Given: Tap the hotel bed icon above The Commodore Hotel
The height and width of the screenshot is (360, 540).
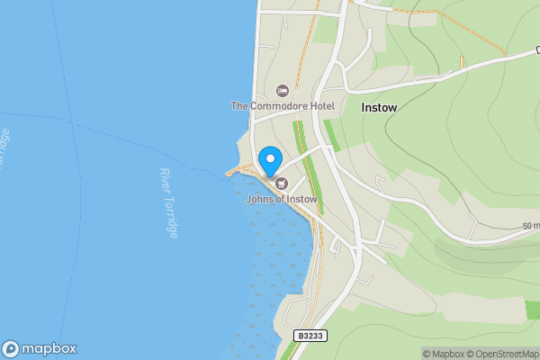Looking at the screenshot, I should click(x=283, y=90).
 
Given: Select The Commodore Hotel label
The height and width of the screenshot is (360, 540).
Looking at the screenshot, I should click(x=283, y=106).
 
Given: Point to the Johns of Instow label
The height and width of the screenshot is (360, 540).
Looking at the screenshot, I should click(x=281, y=198).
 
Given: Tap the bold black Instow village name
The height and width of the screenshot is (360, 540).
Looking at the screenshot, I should click(x=379, y=106).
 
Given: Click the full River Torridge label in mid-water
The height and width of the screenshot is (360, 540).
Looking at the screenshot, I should click(x=168, y=202).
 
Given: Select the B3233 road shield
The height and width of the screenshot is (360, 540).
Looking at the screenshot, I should click(x=310, y=336).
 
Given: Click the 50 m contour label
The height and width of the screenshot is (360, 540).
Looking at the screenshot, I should click(x=530, y=226).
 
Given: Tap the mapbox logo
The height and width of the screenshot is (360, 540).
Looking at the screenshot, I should click(x=40, y=348).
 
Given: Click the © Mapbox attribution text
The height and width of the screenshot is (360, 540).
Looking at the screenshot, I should click(x=445, y=354).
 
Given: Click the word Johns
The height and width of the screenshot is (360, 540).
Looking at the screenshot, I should click(x=260, y=198).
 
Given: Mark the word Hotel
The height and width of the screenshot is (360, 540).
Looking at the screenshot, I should click(x=321, y=106).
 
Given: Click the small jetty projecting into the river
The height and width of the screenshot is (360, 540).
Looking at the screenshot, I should click(x=236, y=171).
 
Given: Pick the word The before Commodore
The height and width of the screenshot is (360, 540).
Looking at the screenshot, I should click(x=239, y=106).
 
